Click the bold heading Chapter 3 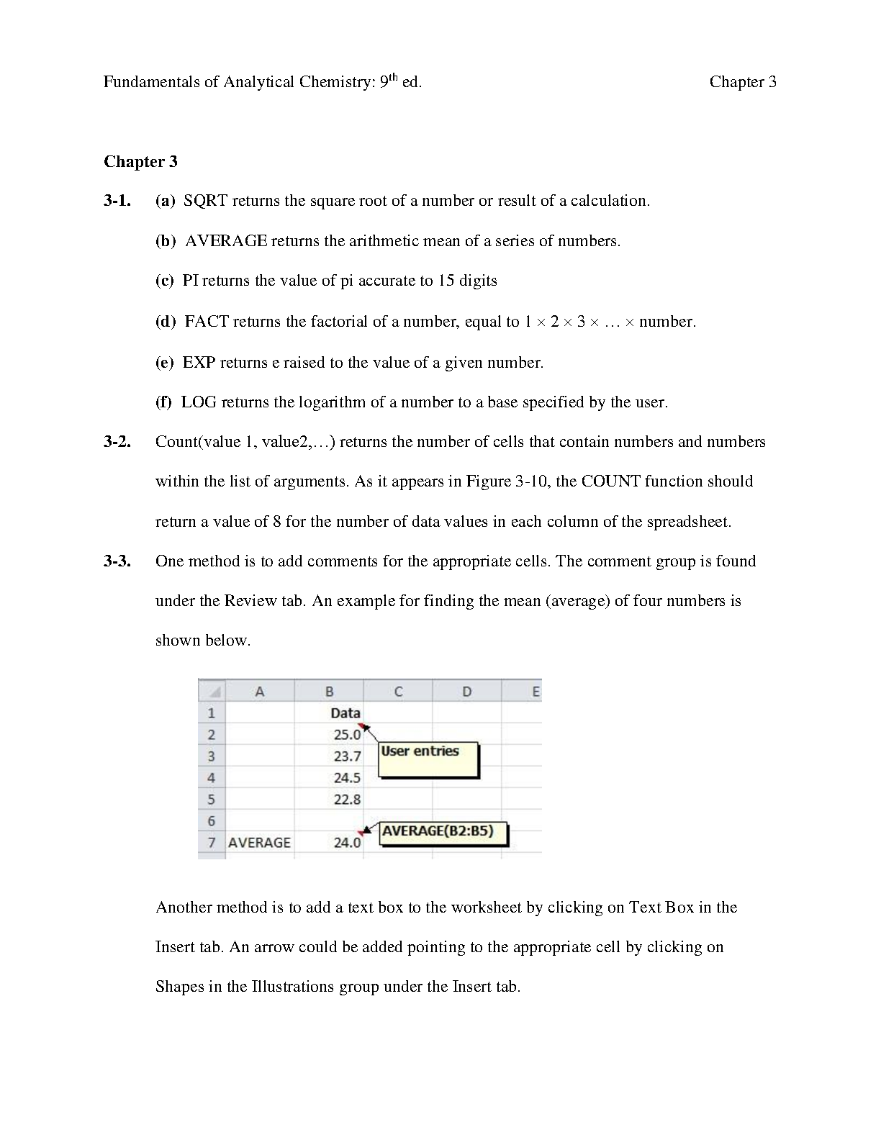140,161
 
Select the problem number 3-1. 117,201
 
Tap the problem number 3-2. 117,442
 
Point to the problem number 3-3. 117,561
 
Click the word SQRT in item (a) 205,201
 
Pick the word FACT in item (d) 207,322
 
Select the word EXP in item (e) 199,363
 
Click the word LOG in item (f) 199,402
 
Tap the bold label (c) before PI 165,281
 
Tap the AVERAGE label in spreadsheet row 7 259,843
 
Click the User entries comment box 428,759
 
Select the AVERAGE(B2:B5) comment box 443,833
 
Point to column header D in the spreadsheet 466,692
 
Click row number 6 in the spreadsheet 211,821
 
